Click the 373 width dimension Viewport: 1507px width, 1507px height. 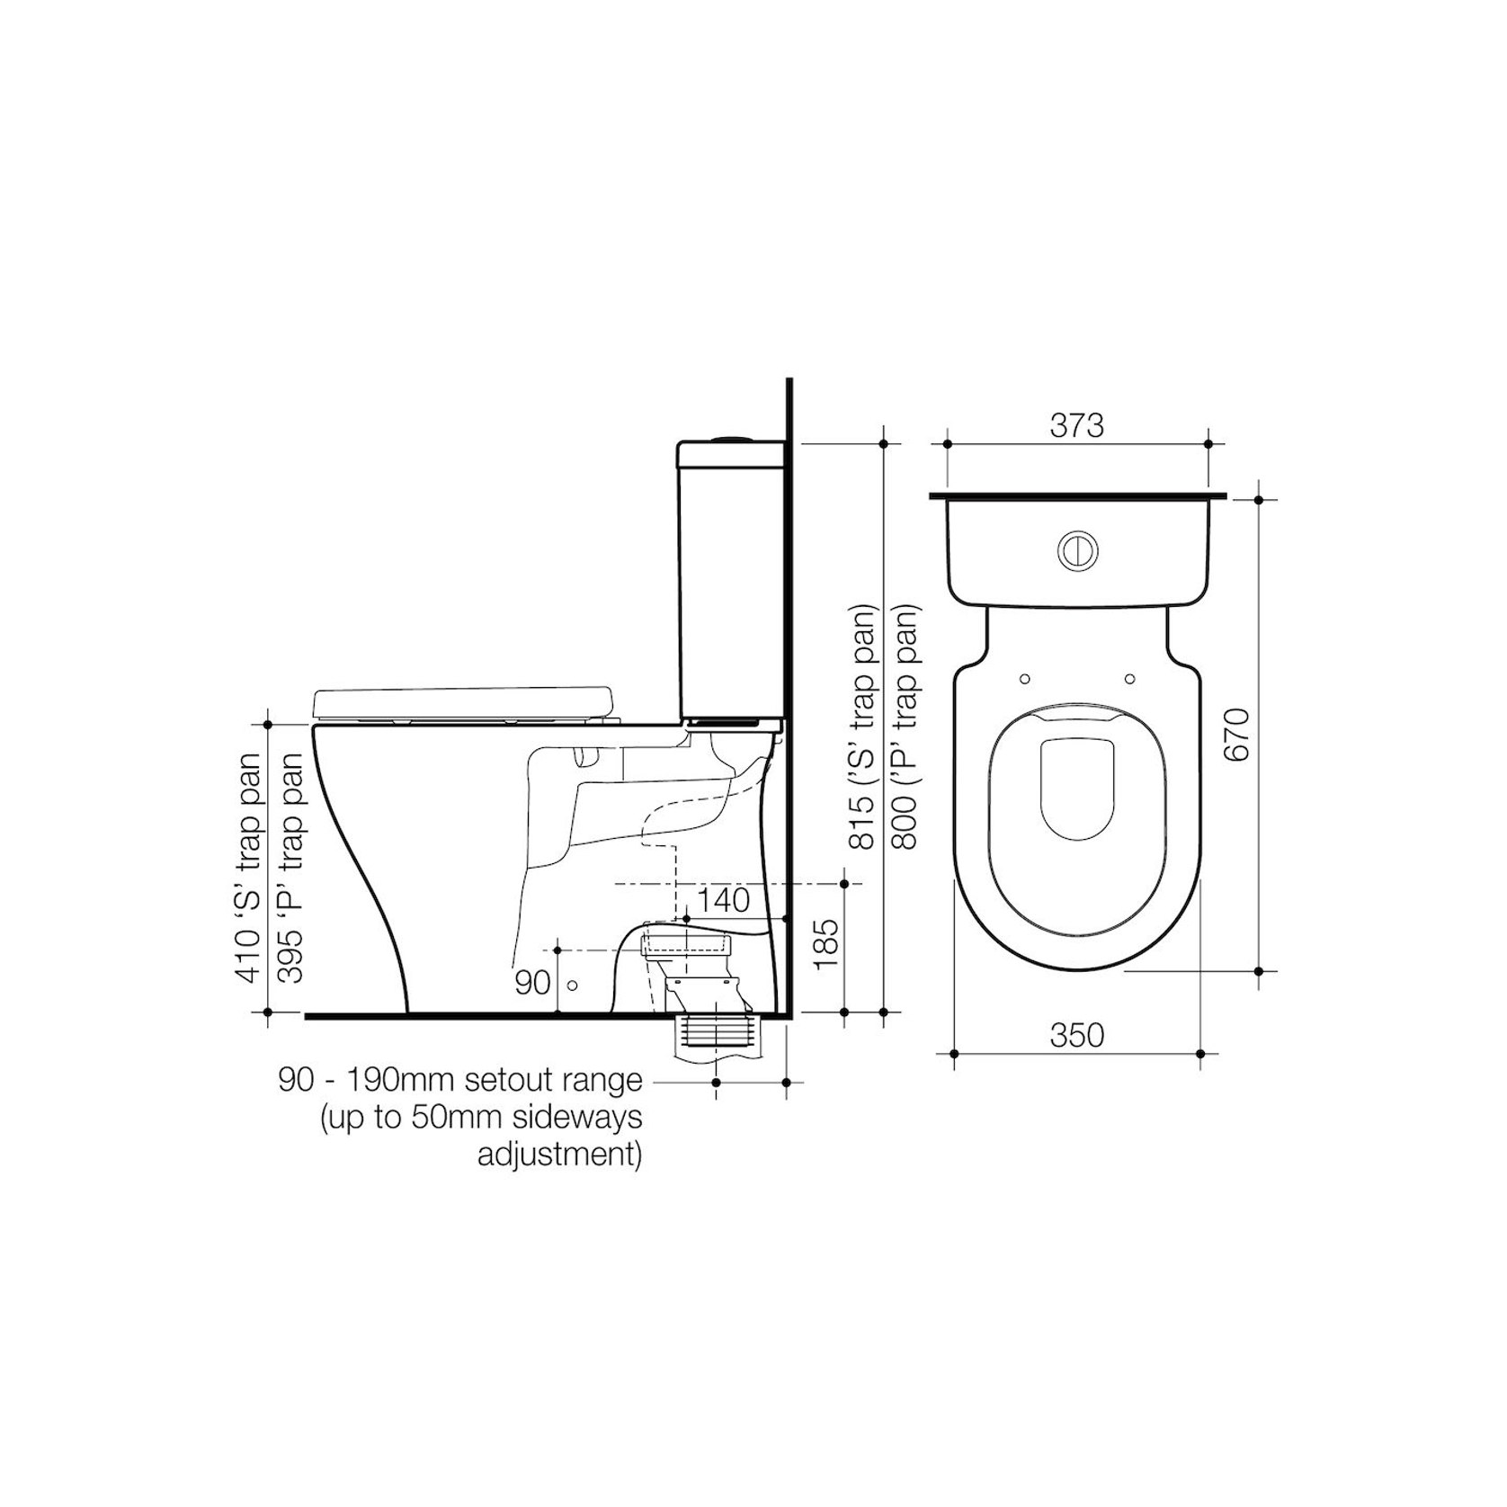tap(1076, 425)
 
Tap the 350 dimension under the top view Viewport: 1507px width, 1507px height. tap(1076, 1036)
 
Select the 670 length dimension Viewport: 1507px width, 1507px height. tap(1237, 735)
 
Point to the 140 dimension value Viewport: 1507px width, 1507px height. tap(724, 900)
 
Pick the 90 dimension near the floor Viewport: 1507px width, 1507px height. tap(532, 983)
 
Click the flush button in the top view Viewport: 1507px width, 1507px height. tap(1076, 550)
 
